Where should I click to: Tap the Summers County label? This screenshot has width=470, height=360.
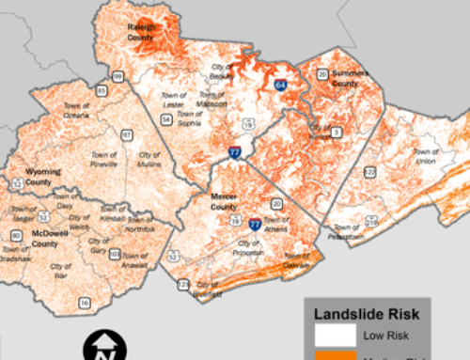click(344, 78)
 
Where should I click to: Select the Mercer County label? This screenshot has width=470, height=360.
click(223, 200)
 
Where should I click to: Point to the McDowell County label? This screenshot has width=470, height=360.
click(44, 239)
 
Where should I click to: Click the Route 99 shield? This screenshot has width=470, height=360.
click(117, 75)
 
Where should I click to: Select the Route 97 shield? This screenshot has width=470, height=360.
click(125, 136)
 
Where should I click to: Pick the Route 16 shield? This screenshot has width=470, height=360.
click(85, 302)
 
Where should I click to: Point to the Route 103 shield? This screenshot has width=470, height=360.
click(115, 254)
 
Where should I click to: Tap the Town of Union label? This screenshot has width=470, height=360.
click(427, 156)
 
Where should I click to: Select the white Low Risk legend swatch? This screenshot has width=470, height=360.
click(330, 337)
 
